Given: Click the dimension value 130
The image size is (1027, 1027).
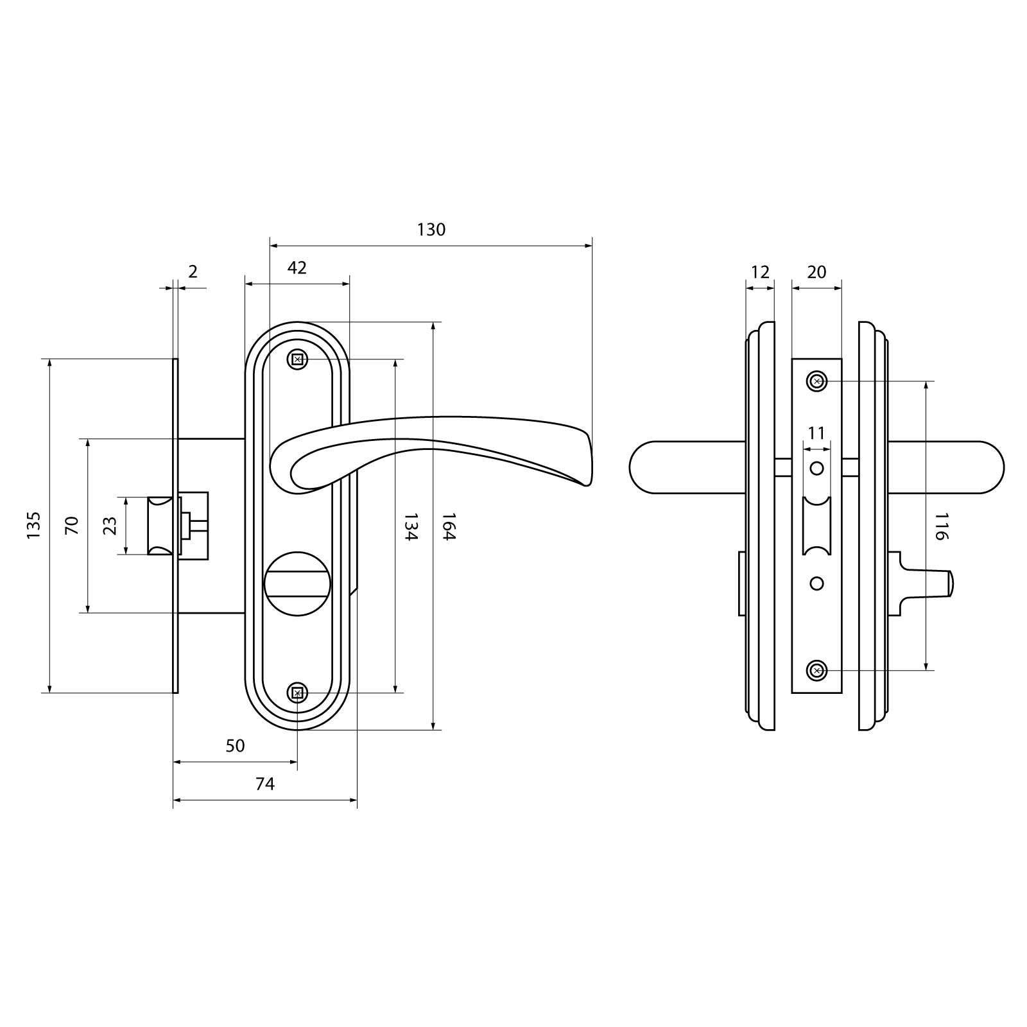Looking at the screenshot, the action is [431, 230].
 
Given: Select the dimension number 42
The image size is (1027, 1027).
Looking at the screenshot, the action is [297, 268].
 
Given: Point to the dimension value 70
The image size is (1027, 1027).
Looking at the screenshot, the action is [72, 525].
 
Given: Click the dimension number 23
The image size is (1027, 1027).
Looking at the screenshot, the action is [110, 526].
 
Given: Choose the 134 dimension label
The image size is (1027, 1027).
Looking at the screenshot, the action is [411, 526].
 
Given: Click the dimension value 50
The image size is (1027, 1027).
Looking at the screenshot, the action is [236, 746].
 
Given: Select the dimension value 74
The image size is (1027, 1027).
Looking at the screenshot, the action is [264, 784].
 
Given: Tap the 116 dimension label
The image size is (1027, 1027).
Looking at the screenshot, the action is [941, 526].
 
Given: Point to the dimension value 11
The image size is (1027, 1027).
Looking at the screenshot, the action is [816, 433].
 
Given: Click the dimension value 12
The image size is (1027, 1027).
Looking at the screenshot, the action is [760, 272].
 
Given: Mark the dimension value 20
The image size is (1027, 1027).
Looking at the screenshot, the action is [816, 272].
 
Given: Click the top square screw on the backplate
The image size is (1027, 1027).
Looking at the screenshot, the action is [297, 359].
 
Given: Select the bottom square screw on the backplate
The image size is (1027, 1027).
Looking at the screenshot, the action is [297, 693].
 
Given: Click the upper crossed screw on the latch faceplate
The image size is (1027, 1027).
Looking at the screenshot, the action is [816, 381].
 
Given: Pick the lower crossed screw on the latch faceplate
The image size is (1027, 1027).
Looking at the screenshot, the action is [816, 671].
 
